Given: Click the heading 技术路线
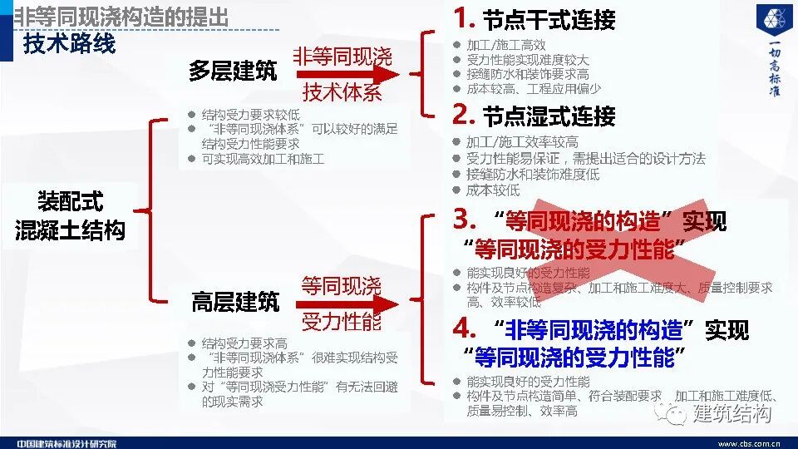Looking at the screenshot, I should pyautogui.click(x=70, y=44).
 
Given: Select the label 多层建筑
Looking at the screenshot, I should pyautogui.click(x=233, y=72).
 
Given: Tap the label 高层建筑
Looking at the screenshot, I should pyautogui.click(x=235, y=302).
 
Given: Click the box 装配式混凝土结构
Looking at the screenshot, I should pyautogui.click(x=70, y=215).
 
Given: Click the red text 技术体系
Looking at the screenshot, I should pyautogui.click(x=342, y=92).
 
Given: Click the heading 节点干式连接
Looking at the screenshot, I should pyautogui.click(x=549, y=19).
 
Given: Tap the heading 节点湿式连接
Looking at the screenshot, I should pyautogui.click(x=549, y=116).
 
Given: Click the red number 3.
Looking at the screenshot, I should pyautogui.click(x=464, y=220).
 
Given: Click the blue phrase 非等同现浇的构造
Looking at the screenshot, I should pyautogui.click(x=594, y=330).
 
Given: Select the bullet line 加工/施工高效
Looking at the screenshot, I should pyautogui.click(x=506, y=45).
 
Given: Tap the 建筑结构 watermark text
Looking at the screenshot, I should pyautogui.click(x=732, y=412).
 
